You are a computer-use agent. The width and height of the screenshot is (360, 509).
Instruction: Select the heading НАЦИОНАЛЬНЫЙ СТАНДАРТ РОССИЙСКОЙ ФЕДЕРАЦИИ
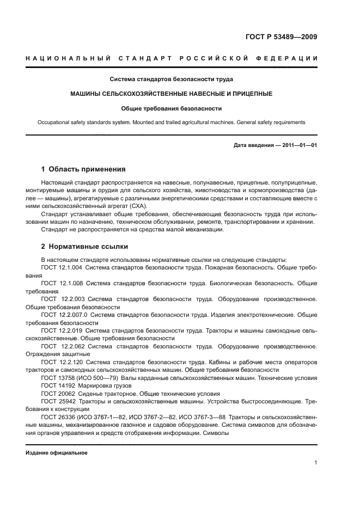click(x=172, y=58)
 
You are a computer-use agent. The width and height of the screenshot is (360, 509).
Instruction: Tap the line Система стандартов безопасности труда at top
click(x=171, y=78)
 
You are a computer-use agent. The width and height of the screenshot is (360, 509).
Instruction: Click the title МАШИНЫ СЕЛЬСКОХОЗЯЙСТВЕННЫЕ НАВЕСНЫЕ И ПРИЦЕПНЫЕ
click(x=171, y=94)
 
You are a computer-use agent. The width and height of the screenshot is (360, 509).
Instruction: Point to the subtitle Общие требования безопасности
click(x=171, y=108)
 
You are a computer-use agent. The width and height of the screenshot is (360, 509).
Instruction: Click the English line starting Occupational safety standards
click(x=171, y=122)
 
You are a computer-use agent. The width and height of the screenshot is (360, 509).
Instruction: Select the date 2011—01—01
click(x=299, y=145)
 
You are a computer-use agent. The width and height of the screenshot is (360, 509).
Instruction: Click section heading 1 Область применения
click(x=84, y=169)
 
